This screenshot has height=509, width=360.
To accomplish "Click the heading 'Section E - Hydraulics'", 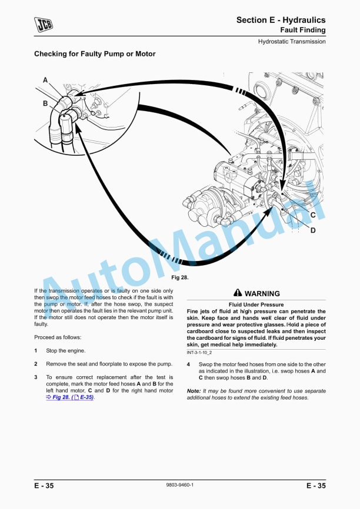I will (281, 20).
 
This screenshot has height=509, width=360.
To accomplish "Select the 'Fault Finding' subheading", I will (302, 29).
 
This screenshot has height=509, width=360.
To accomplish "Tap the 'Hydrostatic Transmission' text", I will (292, 42).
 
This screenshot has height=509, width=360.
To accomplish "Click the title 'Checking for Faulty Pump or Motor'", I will (95, 54).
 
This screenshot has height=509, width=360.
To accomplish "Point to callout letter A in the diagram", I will (45, 80).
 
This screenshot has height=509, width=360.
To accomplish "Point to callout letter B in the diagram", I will (45, 103).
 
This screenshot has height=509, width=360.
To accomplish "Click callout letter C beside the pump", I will (313, 215).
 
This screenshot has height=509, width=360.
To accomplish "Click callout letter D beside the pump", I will (313, 230).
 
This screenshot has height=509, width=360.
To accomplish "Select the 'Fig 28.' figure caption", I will (179, 277).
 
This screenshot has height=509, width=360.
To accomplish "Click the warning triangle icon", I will (237, 293).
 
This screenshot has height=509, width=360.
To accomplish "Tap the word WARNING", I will (262, 293).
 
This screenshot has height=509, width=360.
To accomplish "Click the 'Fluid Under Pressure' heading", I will (256, 305).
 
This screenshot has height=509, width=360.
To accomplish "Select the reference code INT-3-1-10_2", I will (199, 352).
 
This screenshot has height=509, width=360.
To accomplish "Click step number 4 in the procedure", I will (188, 364).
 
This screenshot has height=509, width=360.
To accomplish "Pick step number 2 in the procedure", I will (36, 364).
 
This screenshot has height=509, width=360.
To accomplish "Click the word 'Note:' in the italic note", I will (194, 391).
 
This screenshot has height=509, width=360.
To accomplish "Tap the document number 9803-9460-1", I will (180, 485).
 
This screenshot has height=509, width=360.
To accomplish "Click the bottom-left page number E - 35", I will (44, 485).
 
